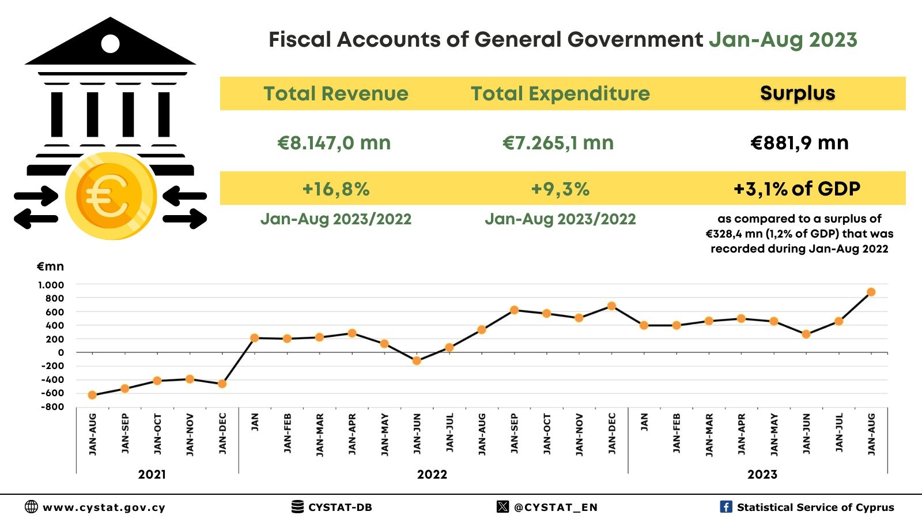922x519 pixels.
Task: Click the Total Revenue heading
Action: pyautogui.click(x=336, y=93)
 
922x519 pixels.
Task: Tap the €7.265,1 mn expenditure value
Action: pyautogui.click(x=558, y=143)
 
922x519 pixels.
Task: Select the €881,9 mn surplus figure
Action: pyautogui.click(x=799, y=143)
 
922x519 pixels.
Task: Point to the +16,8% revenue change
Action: pyautogui.click(x=336, y=189)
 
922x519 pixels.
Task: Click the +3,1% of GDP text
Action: pyautogui.click(x=797, y=189)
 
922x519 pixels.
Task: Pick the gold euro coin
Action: pyautogui.click(x=111, y=196)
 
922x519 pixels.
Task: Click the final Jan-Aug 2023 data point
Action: pyautogui.click(x=871, y=292)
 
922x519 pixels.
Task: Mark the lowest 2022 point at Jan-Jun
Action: pyautogui.click(x=417, y=361)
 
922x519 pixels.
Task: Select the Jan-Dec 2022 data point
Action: pyautogui.click(x=611, y=306)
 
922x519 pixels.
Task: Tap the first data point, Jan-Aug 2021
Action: pyautogui.click(x=92, y=395)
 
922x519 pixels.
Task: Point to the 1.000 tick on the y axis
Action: pyautogui.click(x=51, y=285)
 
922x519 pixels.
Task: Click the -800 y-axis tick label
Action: pyautogui.click(x=52, y=407)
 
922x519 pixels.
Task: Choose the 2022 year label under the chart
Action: pyautogui.click(x=432, y=475)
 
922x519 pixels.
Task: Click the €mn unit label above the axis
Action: pyautogui.click(x=50, y=266)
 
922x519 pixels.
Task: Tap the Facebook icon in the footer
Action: pyautogui.click(x=726, y=507)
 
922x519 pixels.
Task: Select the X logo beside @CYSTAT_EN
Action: pyautogui.click(x=502, y=507)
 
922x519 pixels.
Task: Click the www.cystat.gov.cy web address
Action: pyautogui.click(x=104, y=507)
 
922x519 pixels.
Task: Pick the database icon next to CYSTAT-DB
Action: pyautogui.click(x=297, y=507)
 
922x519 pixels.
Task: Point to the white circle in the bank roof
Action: pyautogui.click(x=110, y=43)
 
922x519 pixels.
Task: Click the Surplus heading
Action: pyautogui.click(x=798, y=93)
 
